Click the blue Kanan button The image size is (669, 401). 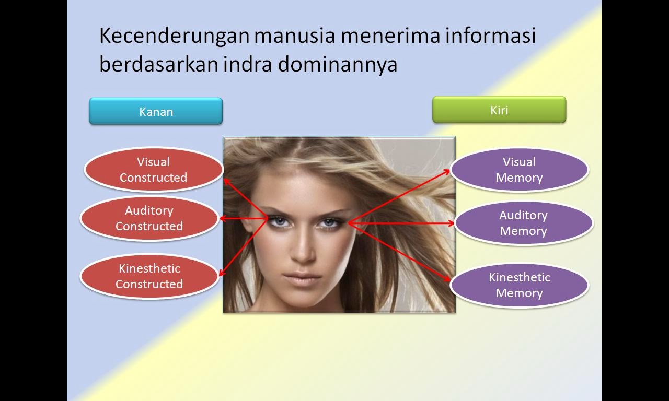click(156, 111)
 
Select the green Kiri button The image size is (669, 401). click(499, 110)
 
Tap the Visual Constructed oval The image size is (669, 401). click(153, 170)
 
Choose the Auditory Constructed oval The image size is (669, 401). click(149, 218)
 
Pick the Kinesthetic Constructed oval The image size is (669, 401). click(149, 276)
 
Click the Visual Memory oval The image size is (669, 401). click(519, 170)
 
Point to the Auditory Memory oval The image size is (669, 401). click(523, 223)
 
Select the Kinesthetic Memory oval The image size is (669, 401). click(519, 285)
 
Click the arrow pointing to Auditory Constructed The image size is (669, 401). click(244, 219)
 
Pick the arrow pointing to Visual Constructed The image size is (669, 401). click(246, 199)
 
